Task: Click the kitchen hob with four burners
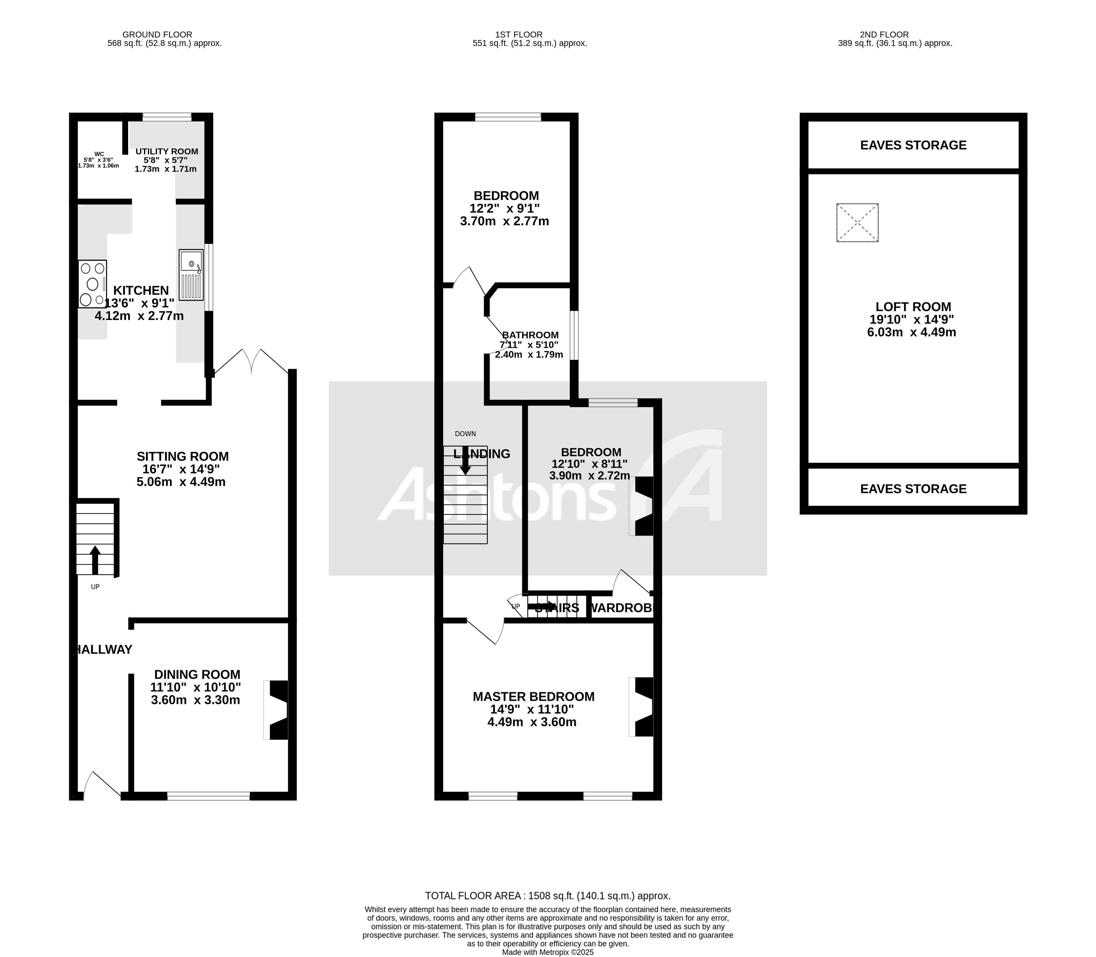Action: pyautogui.click(x=93, y=284)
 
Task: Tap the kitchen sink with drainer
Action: pyautogui.click(x=191, y=275)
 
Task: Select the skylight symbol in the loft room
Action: pyautogui.click(x=857, y=223)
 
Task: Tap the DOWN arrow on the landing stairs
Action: pyautogui.click(x=465, y=460)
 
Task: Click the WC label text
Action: pyautogui.click(x=99, y=154)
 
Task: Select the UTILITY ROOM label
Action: pyautogui.click(x=167, y=152)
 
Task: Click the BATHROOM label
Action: pyautogui.click(x=530, y=335)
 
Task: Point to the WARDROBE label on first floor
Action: pyautogui.click(x=623, y=608)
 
